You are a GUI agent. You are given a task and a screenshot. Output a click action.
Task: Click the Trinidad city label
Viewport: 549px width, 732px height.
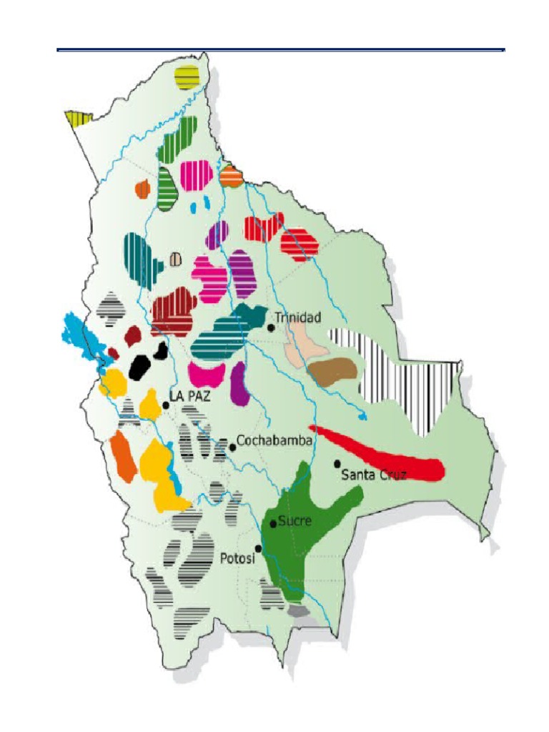pos(299,317)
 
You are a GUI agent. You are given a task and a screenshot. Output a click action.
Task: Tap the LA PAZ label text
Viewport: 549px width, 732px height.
pos(189,395)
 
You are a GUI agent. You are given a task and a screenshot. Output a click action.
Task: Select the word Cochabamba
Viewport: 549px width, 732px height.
pos(274,441)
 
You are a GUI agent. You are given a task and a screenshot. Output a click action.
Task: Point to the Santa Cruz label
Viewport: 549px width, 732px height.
pos(373,474)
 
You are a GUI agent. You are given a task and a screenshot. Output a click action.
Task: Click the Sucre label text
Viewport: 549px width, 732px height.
pos(295,520)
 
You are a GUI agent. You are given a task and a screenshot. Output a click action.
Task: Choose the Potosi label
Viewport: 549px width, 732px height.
pos(237,560)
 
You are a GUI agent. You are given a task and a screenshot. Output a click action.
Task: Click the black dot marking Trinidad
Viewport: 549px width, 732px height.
pos(271,327)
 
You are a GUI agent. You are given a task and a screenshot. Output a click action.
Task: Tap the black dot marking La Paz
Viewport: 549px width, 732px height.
pos(165,405)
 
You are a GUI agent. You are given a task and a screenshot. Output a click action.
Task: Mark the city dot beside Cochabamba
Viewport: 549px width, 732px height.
pos(232,447)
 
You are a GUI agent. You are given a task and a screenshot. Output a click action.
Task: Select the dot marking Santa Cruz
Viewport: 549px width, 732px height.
pos(337,464)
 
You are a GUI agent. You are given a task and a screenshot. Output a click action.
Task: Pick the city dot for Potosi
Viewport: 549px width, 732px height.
pos(259,548)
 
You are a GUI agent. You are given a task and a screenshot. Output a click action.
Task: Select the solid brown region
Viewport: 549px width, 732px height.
pos(332,370)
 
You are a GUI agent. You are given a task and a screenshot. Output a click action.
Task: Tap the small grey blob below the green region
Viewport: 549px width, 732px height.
pos(299,611)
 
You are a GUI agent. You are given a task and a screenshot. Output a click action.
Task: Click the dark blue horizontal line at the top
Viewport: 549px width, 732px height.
pos(280,50)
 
